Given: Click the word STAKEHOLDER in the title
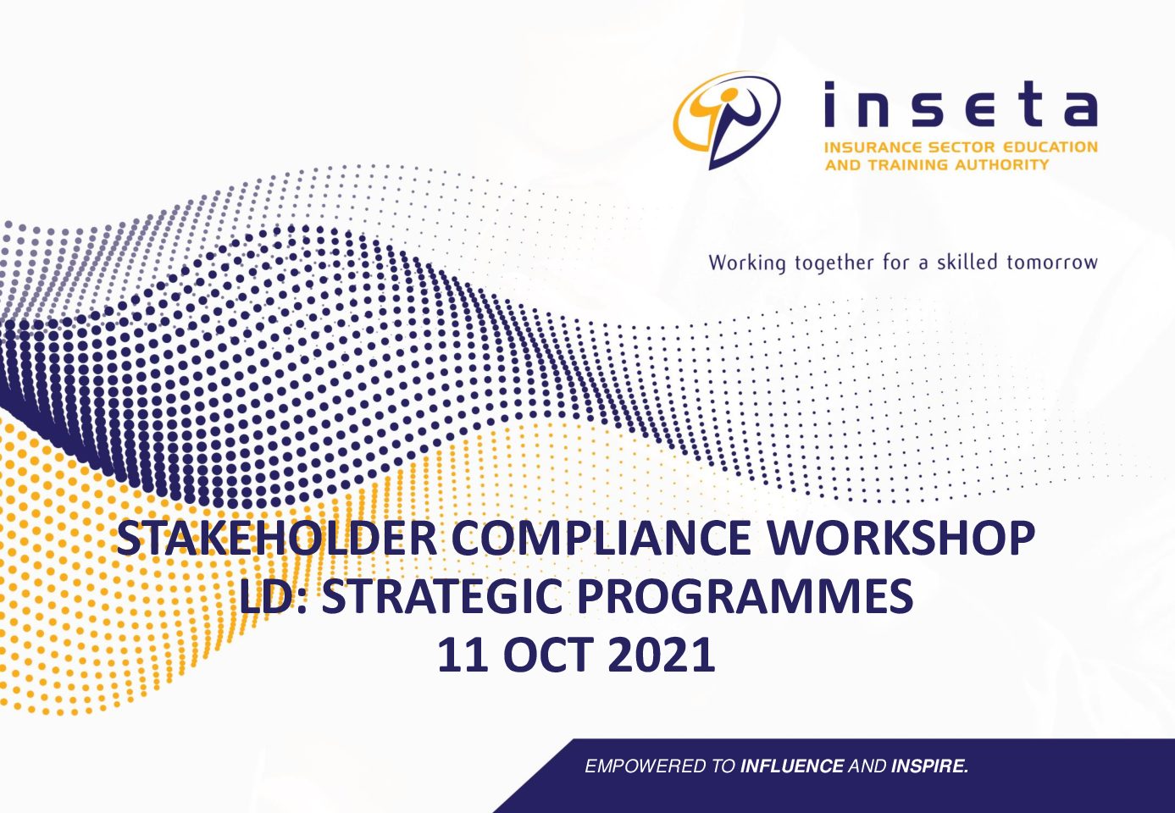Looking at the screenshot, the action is (276, 538).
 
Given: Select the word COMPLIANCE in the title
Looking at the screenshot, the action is (601, 538).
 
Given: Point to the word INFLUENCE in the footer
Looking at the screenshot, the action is (792, 766).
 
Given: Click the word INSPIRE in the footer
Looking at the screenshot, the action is (929, 766).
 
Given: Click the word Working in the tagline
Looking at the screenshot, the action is (747, 263).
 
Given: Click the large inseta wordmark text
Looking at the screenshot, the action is (961, 104).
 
